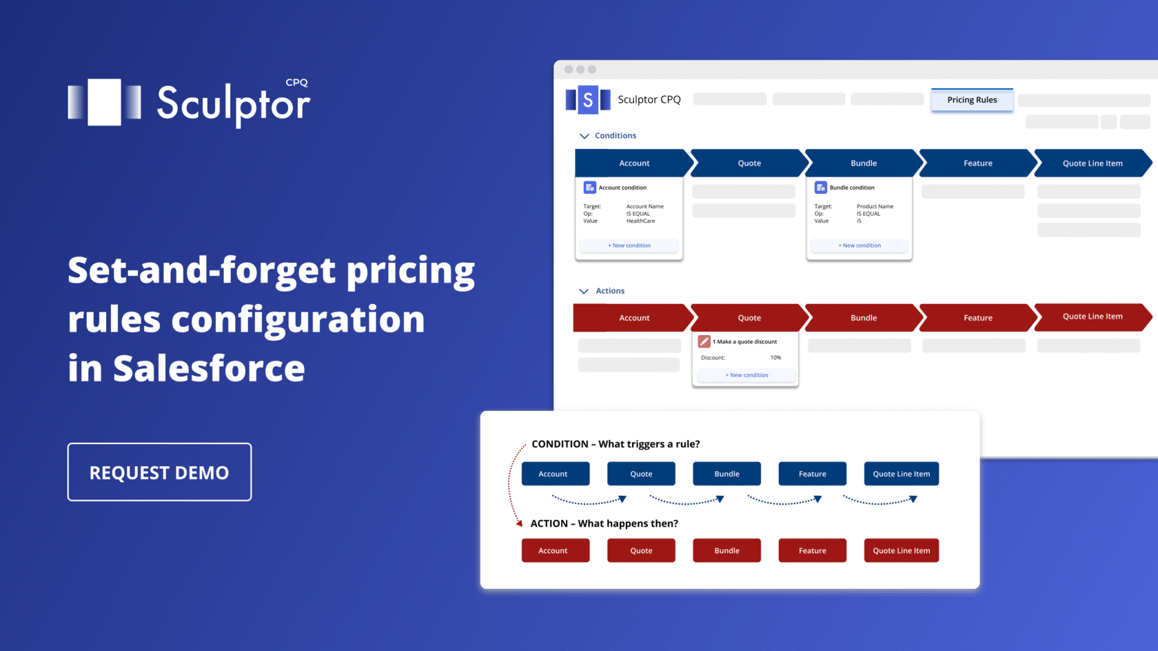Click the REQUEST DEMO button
[159, 472]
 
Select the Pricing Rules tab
[972, 100]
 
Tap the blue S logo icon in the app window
[587, 100]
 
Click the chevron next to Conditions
[585, 136]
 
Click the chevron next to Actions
[584, 291]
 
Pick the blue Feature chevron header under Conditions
[977, 163]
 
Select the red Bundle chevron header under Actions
[863, 318]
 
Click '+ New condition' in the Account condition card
[629, 246]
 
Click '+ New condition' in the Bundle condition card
[860, 246]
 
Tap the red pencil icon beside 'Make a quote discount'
[704, 341]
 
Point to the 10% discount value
[775, 358]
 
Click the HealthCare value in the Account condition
[640, 221]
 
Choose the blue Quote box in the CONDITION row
[641, 474]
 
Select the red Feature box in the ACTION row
[812, 550]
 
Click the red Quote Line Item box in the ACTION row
[901, 550]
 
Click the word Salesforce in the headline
[209, 369]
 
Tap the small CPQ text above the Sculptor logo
[296, 83]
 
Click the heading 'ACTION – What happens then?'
[604, 523]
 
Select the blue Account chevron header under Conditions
[634, 163]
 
